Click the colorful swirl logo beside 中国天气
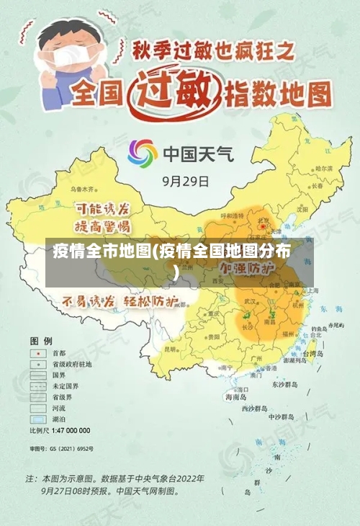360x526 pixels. click(143, 153)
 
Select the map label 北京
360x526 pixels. click(264, 221)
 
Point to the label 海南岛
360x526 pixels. click(235, 397)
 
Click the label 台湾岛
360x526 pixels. click(317, 354)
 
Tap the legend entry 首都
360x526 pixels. click(58, 354)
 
